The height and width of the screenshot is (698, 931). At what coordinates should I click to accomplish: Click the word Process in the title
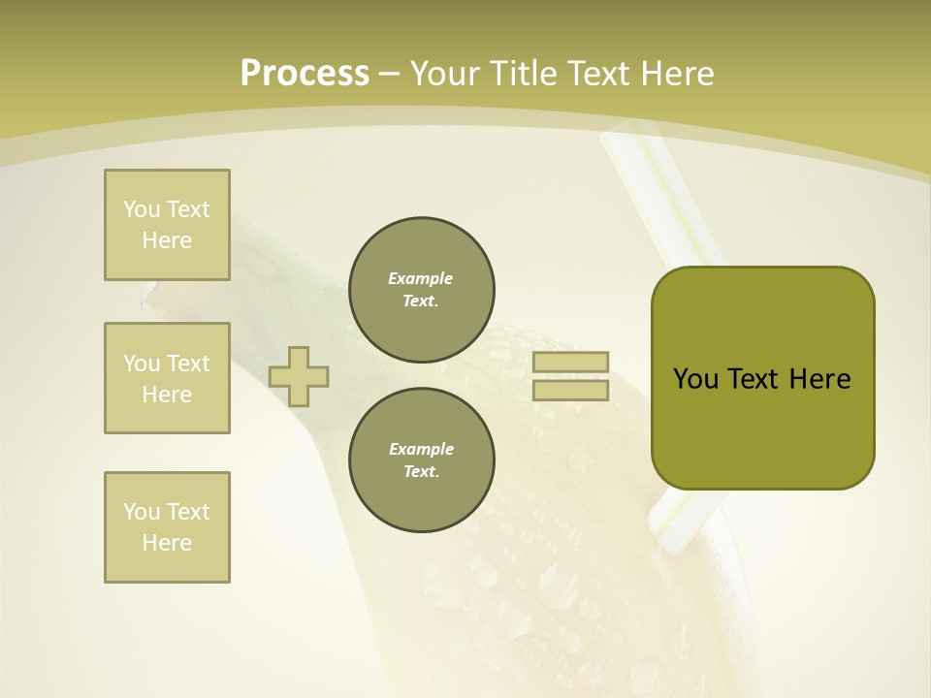305,74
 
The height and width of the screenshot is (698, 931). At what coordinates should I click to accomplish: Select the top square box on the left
167,225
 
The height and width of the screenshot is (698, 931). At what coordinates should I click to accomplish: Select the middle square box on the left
167,378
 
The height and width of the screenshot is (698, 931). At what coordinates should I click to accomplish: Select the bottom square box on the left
167,527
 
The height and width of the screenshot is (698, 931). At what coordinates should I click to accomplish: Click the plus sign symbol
299,376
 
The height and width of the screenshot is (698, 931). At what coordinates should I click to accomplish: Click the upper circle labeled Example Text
422,290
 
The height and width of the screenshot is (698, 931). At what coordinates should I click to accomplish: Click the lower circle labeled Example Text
422,460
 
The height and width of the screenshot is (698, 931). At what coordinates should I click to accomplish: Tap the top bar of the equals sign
570,363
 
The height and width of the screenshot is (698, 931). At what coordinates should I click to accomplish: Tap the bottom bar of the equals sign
570,391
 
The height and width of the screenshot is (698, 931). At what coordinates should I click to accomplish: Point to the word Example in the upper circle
421,278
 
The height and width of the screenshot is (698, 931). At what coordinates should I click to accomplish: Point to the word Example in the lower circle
421,449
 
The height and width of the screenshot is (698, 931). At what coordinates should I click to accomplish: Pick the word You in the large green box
695,379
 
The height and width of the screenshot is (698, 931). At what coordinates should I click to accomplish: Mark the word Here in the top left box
167,240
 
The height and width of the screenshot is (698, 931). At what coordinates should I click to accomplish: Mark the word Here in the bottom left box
167,543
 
